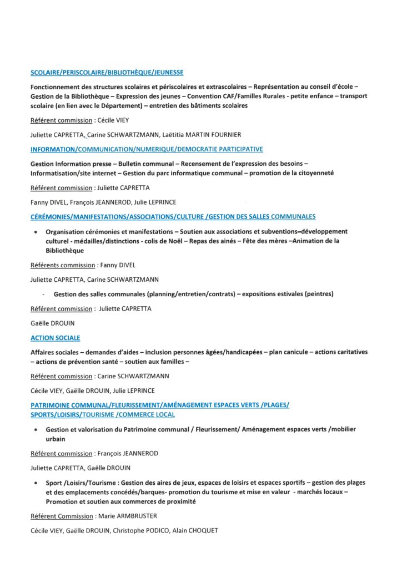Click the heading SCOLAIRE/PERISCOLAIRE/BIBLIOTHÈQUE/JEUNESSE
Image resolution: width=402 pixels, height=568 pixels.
point(107,72)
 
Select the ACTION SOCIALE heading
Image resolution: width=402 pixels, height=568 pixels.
point(56,338)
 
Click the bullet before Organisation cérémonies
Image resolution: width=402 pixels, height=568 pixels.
point(36,231)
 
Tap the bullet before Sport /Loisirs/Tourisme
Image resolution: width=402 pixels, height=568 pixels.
point(36,483)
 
